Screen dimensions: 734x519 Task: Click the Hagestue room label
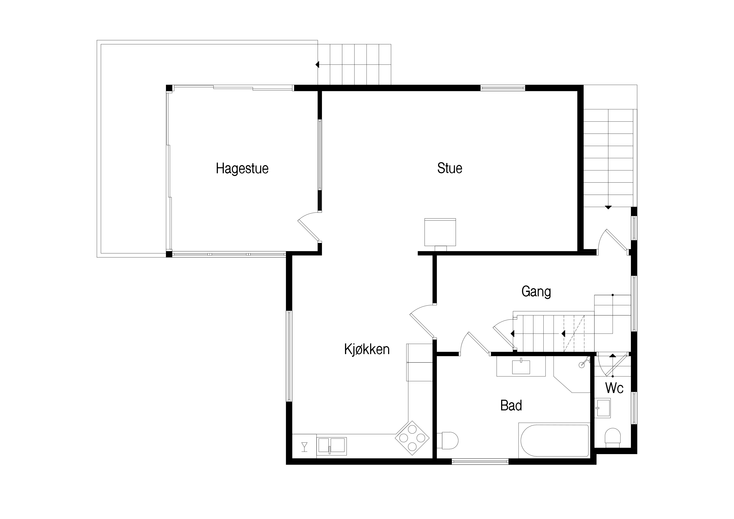[242, 168]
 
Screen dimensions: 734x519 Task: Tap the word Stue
[449, 168]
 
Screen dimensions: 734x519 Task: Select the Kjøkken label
[367, 349]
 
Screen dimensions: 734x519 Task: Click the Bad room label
[511, 406]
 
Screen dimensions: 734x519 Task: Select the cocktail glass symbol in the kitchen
[304, 447]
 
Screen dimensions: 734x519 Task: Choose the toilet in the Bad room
[448, 440]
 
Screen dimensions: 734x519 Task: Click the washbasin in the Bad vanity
[521, 367]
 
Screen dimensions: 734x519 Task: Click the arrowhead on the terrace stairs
[317, 65]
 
